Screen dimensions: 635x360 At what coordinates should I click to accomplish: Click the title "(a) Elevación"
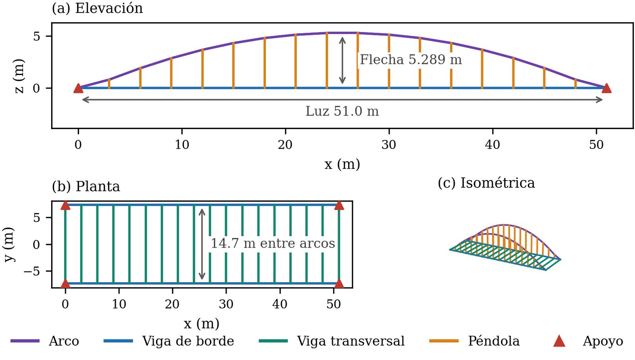click(x=97, y=8)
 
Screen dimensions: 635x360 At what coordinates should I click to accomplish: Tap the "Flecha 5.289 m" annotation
click(x=411, y=60)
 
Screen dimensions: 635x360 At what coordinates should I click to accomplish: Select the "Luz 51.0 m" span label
click(x=342, y=111)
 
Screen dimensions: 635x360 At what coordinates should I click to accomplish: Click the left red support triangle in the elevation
click(x=78, y=88)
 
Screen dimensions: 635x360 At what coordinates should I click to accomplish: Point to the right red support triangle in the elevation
click(x=606, y=88)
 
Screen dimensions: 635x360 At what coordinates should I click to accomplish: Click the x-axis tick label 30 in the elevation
click(x=389, y=145)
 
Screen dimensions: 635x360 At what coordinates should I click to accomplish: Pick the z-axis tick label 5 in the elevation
click(x=37, y=36)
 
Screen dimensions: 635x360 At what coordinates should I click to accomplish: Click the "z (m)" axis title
click(x=19, y=76)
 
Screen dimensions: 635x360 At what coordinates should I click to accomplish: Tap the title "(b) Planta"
click(x=86, y=187)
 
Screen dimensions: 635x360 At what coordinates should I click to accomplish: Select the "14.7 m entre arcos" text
click(x=273, y=243)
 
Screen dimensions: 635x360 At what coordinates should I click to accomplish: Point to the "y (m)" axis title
click(x=10, y=244)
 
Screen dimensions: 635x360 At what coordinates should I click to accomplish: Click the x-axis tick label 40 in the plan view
click(x=280, y=304)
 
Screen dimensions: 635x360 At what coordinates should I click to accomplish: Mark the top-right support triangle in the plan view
click(x=339, y=206)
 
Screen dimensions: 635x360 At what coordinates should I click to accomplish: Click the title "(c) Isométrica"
click(x=486, y=183)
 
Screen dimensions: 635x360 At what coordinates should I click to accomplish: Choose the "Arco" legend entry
click(x=45, y=341)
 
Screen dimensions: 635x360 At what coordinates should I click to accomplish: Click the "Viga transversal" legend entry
click(x=332, y=341)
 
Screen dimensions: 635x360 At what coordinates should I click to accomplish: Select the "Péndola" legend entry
click(x=474, y=341)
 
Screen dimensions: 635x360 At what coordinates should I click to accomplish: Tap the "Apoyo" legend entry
click(x=588, y=341)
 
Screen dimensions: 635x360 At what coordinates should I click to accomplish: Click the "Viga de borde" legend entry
click(x=169, y=341)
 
